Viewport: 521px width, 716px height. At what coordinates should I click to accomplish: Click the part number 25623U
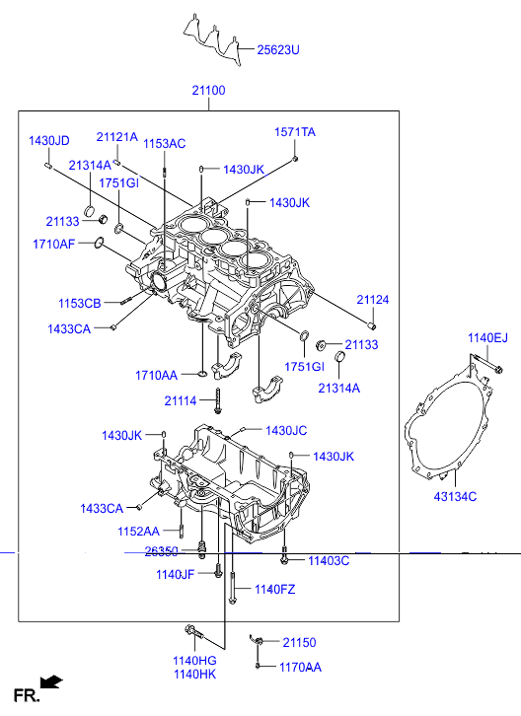pos(278,49)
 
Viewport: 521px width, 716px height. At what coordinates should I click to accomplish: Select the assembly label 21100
pos(208,91)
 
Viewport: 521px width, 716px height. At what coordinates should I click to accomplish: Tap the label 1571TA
pos(295,132)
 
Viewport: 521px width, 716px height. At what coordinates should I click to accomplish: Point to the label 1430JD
pos(49,141)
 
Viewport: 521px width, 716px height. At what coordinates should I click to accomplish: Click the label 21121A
pos(116,137)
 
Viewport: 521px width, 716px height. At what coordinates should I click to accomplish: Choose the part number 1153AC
pos(164,144)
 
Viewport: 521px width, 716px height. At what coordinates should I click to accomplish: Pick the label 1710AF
pos(53,245)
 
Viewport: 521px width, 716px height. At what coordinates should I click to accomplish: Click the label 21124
pos(372,300)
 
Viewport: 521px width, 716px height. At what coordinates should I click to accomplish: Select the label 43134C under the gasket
pos(455,496)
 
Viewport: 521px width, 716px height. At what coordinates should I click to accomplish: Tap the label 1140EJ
pos(487,338)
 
